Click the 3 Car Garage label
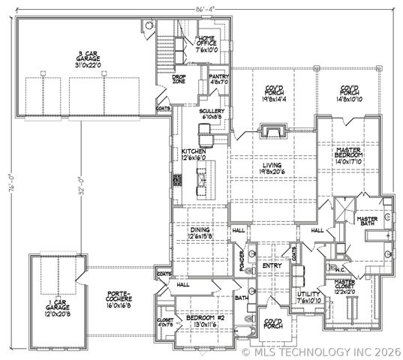click(x=89, y=59)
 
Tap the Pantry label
click(x=219, y=79)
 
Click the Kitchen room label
click(x=193, y=154)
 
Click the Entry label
click(x=271, y=266)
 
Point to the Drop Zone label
click(x=179, y=79)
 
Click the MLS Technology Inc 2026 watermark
click(x=323, y=351)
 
